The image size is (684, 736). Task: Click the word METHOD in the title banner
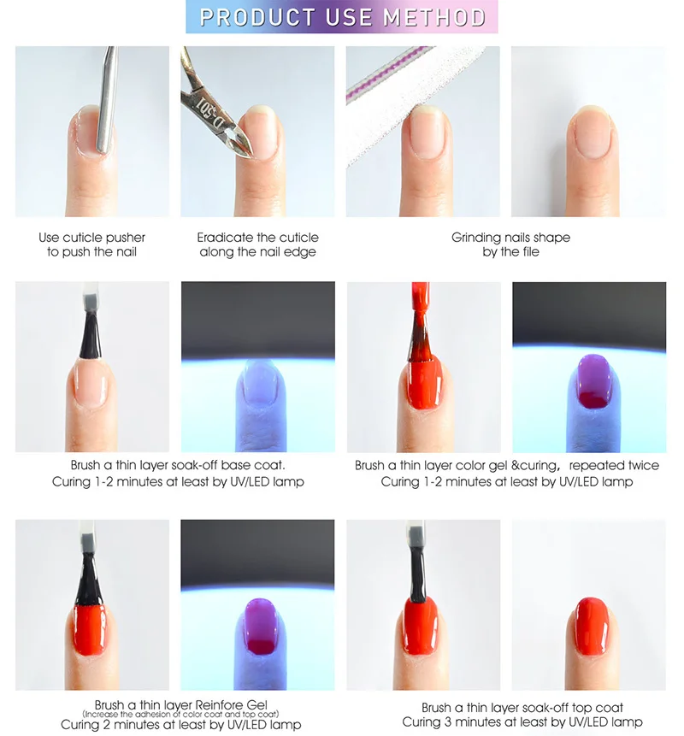(434, 17)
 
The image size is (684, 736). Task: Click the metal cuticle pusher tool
(108, 99)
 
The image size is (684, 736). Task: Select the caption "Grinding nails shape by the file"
(510, 244)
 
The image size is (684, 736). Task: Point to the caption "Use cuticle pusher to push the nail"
(92, 244)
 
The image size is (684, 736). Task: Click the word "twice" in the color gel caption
(643, 465)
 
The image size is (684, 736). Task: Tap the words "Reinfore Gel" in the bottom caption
(231, 705)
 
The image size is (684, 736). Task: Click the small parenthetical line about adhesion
(180, 715)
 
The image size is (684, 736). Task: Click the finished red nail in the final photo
(592, 627)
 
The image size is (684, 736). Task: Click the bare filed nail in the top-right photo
(592, 132)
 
